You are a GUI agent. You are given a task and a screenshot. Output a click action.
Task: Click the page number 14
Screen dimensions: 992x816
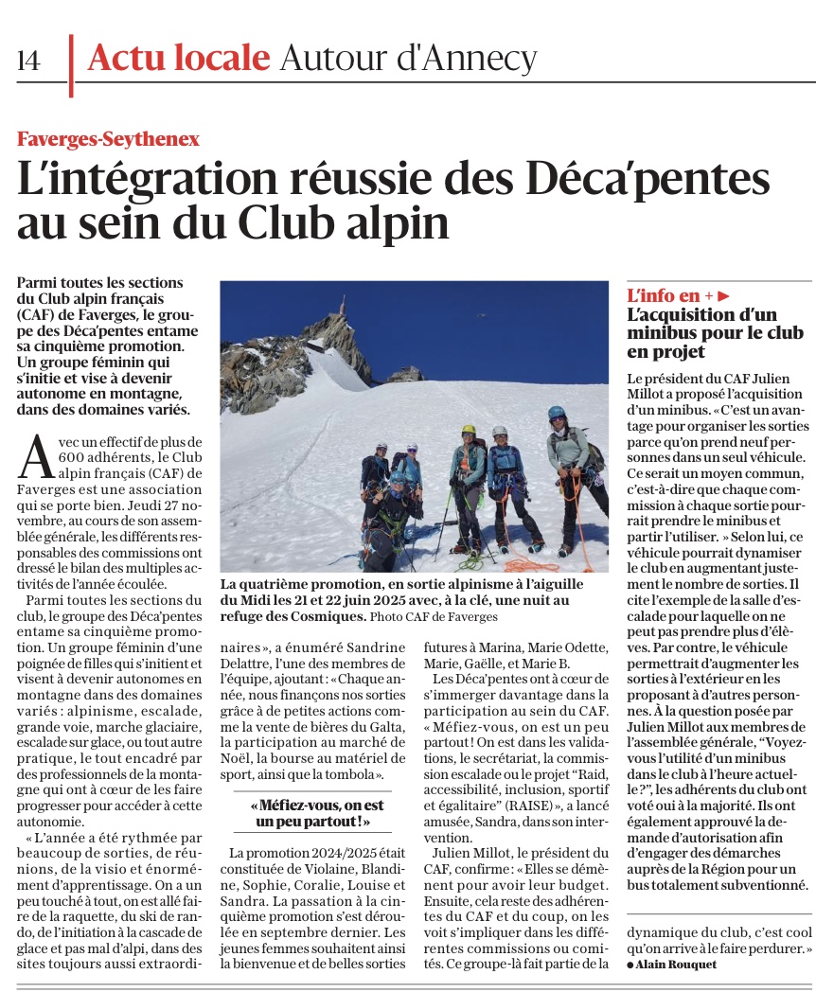pos(28,61)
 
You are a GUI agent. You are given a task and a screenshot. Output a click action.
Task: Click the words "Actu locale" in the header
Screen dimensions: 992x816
pos(177,59)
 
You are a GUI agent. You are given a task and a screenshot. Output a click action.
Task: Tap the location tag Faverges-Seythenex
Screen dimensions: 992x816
pos(108,138)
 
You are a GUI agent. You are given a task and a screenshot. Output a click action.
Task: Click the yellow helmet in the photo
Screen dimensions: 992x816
pos(469,429)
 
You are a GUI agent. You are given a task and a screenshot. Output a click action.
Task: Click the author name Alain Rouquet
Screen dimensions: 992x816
pos(676,965)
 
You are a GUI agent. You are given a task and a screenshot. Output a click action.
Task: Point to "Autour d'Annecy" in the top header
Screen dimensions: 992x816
pos(408,59)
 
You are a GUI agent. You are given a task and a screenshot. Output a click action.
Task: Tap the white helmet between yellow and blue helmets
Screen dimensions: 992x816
pos(500,432)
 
